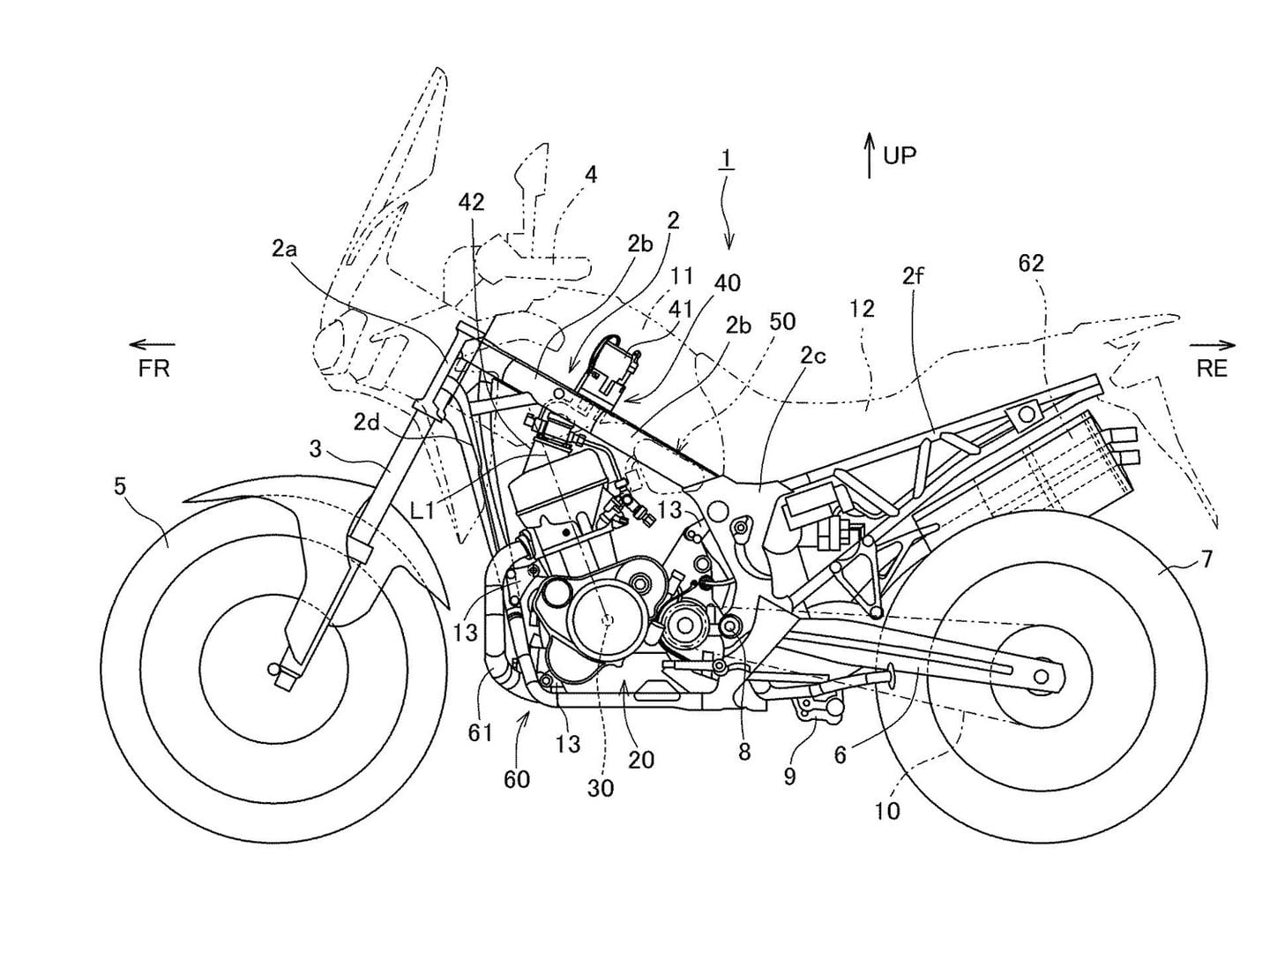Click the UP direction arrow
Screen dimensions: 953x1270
[870, 156]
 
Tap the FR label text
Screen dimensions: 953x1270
[153, 369]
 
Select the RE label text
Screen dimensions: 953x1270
[1212, 369]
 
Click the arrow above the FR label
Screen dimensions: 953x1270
[152, 345]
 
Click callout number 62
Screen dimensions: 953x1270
[1030, 263]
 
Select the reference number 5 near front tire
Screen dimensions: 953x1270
[120, 485]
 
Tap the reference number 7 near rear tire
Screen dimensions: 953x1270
[1206, 559]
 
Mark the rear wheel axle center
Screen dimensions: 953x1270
[1042, 676]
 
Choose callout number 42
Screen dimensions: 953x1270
[471, 202]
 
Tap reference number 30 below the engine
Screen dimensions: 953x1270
[600, 788]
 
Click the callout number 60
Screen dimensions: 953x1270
[517, 779]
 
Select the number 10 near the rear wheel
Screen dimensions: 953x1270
[887, 810]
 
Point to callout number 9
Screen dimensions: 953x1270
[789, 777]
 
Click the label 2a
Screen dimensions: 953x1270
[284, 250]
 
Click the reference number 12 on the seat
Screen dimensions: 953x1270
[862, 308]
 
